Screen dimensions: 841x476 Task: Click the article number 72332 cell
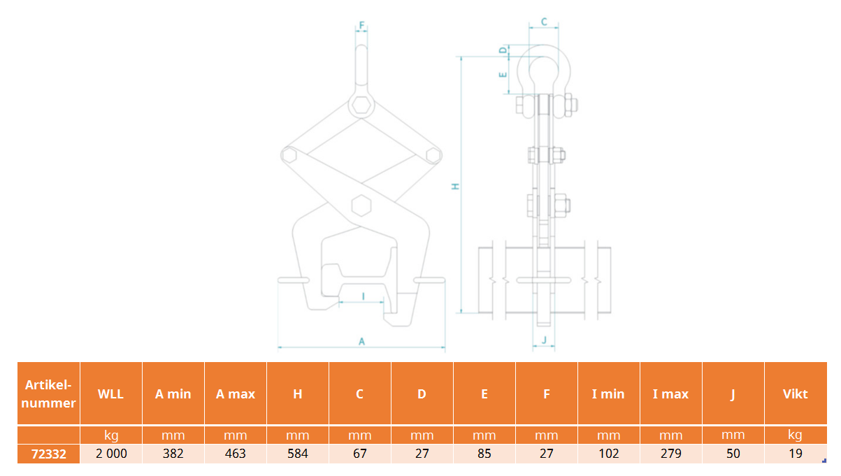click(48, 454)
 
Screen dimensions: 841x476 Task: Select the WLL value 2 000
click(111, 454)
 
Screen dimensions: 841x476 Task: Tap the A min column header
click(173, 394)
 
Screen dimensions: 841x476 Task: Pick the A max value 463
click(236, 454)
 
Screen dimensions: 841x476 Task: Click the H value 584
click(298, 454)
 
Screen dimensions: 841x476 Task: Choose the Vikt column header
click(795, 394)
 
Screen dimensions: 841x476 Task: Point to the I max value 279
click(671, 454)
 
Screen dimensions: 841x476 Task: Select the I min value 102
click(609, 454)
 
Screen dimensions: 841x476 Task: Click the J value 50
click(733, 454)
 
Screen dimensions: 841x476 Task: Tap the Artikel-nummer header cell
click(48, 394)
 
